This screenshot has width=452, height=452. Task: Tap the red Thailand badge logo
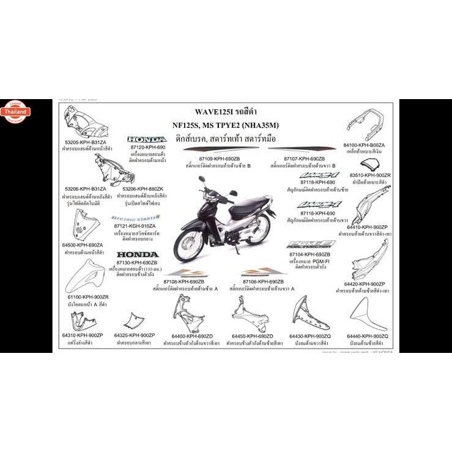[x=15, y=113]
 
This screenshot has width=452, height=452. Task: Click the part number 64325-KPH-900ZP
[x=135, y=336]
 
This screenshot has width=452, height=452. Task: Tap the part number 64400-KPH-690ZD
[x=192, y=336]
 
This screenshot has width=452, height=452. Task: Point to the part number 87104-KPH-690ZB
[x=309, y=254]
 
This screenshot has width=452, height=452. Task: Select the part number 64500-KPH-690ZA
[x=83, y=245]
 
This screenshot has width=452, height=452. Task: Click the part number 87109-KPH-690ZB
[x=219, y=158]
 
